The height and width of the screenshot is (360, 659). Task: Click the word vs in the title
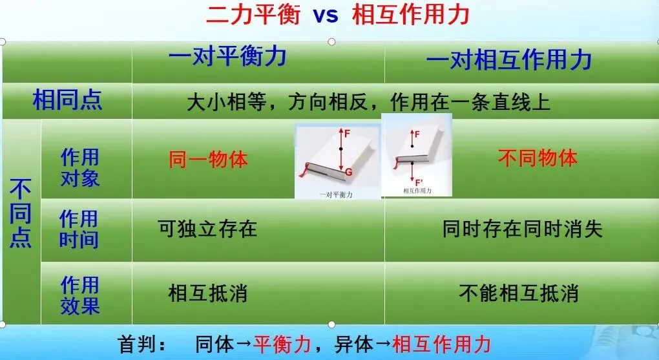tap(326, 15)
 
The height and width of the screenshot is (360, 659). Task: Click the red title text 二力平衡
tap(253, 14)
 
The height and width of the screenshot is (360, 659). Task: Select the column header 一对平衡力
tap(227, 56)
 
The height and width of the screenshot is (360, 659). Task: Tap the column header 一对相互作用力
tap(509, 59)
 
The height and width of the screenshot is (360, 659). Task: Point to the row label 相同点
tap(67, 100)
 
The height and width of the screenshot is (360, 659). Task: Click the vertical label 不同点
tap(21, 213)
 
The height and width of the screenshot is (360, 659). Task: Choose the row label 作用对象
tap(80, 167)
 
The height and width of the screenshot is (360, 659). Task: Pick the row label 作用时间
tap(79, 229)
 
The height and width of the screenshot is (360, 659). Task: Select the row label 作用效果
tap(80, 295)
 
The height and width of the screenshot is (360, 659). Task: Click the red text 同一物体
tap(208, 160)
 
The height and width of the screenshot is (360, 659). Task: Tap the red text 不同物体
tap(538, 158)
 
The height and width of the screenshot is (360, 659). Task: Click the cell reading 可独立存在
tap(207, 229)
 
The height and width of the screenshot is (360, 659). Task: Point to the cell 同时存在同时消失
tap(523, 229)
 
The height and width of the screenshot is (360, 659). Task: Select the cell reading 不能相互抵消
tap(519, 293)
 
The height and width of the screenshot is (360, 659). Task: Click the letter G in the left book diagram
tap(348, 171)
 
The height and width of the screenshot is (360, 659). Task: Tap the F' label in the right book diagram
tap(419, 182)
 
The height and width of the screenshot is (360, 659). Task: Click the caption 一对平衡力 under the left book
tap(336, 195)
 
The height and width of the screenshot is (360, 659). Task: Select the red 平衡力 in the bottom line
tap(282, 344)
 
